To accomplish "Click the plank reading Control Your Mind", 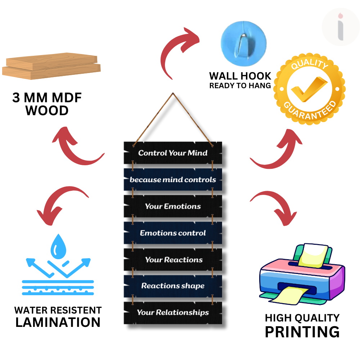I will click(x=173, y=153).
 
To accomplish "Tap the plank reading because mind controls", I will click(x=173, y=179).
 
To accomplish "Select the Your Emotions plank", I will click(x=173, y=206).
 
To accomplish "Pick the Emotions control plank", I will click(x=173, y=233).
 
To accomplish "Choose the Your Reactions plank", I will click(x=173, y=259).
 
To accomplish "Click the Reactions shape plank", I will click(x=173, y=286).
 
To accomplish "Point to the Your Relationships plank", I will click(x=173, y=312).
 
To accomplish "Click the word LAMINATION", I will click(x=58, y=322).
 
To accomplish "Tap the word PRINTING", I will click(x=302, y=332).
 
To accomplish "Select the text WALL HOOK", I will click(x=240, y=76).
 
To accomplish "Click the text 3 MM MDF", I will click(x=47, y=98).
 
